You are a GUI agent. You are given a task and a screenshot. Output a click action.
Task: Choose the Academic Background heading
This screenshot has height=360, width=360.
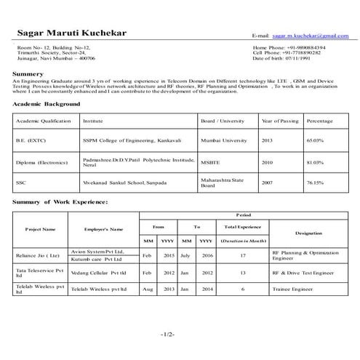click(46, 105)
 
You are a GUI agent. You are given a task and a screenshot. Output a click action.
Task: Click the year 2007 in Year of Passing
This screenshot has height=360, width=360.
click(267, 182)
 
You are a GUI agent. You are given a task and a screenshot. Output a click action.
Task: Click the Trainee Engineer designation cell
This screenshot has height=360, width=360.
click(295, 289)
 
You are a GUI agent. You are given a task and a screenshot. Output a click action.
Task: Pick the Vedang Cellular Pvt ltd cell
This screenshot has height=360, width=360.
click(99, 272)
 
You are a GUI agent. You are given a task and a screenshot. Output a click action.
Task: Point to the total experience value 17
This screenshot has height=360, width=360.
click(243, 255)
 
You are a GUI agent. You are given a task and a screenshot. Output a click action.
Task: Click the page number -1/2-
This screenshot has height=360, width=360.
click(168, 334)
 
